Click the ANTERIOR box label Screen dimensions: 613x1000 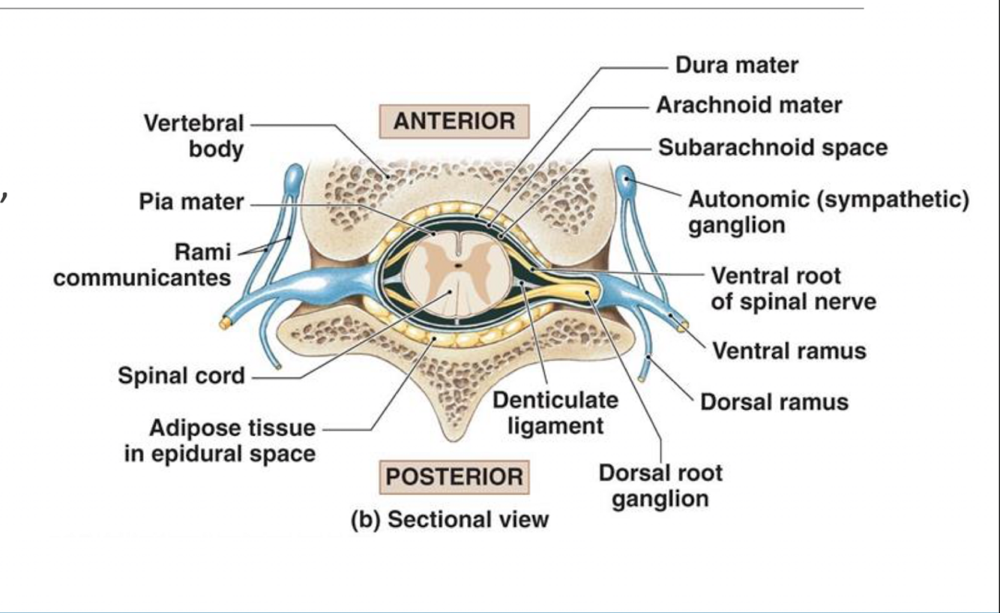pyautogui.click(x=454, y=122)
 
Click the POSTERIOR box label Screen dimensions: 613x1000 pyautogui.click(x=454, y=477)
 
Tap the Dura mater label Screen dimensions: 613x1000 pyautogui.click(x=737, y=65)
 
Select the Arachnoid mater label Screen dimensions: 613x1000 pyautogui.click(x=749, y=106)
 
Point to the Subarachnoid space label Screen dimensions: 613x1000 pyautogui.click(x=773, y=147)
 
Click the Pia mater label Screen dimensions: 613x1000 pyautogui.click(x=191, y=203)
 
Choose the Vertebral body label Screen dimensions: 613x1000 pyautogui.click(x=194, y=137)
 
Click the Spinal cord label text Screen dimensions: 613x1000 pyautogui.click(x=181, y=375)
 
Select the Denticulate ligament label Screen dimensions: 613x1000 pyautogui.click(x=555, y=413)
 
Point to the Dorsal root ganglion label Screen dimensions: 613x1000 pyautogui.click(x=660, y=486)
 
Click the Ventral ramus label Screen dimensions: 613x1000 pyautogui.click(x=789, y=350)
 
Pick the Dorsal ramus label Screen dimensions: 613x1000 pyautogui.click(x=774, y=402)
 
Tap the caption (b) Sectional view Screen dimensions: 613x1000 pyautogui.click(x=451, y=518)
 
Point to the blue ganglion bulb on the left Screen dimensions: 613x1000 pyautogui.click(x=292, y=177)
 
